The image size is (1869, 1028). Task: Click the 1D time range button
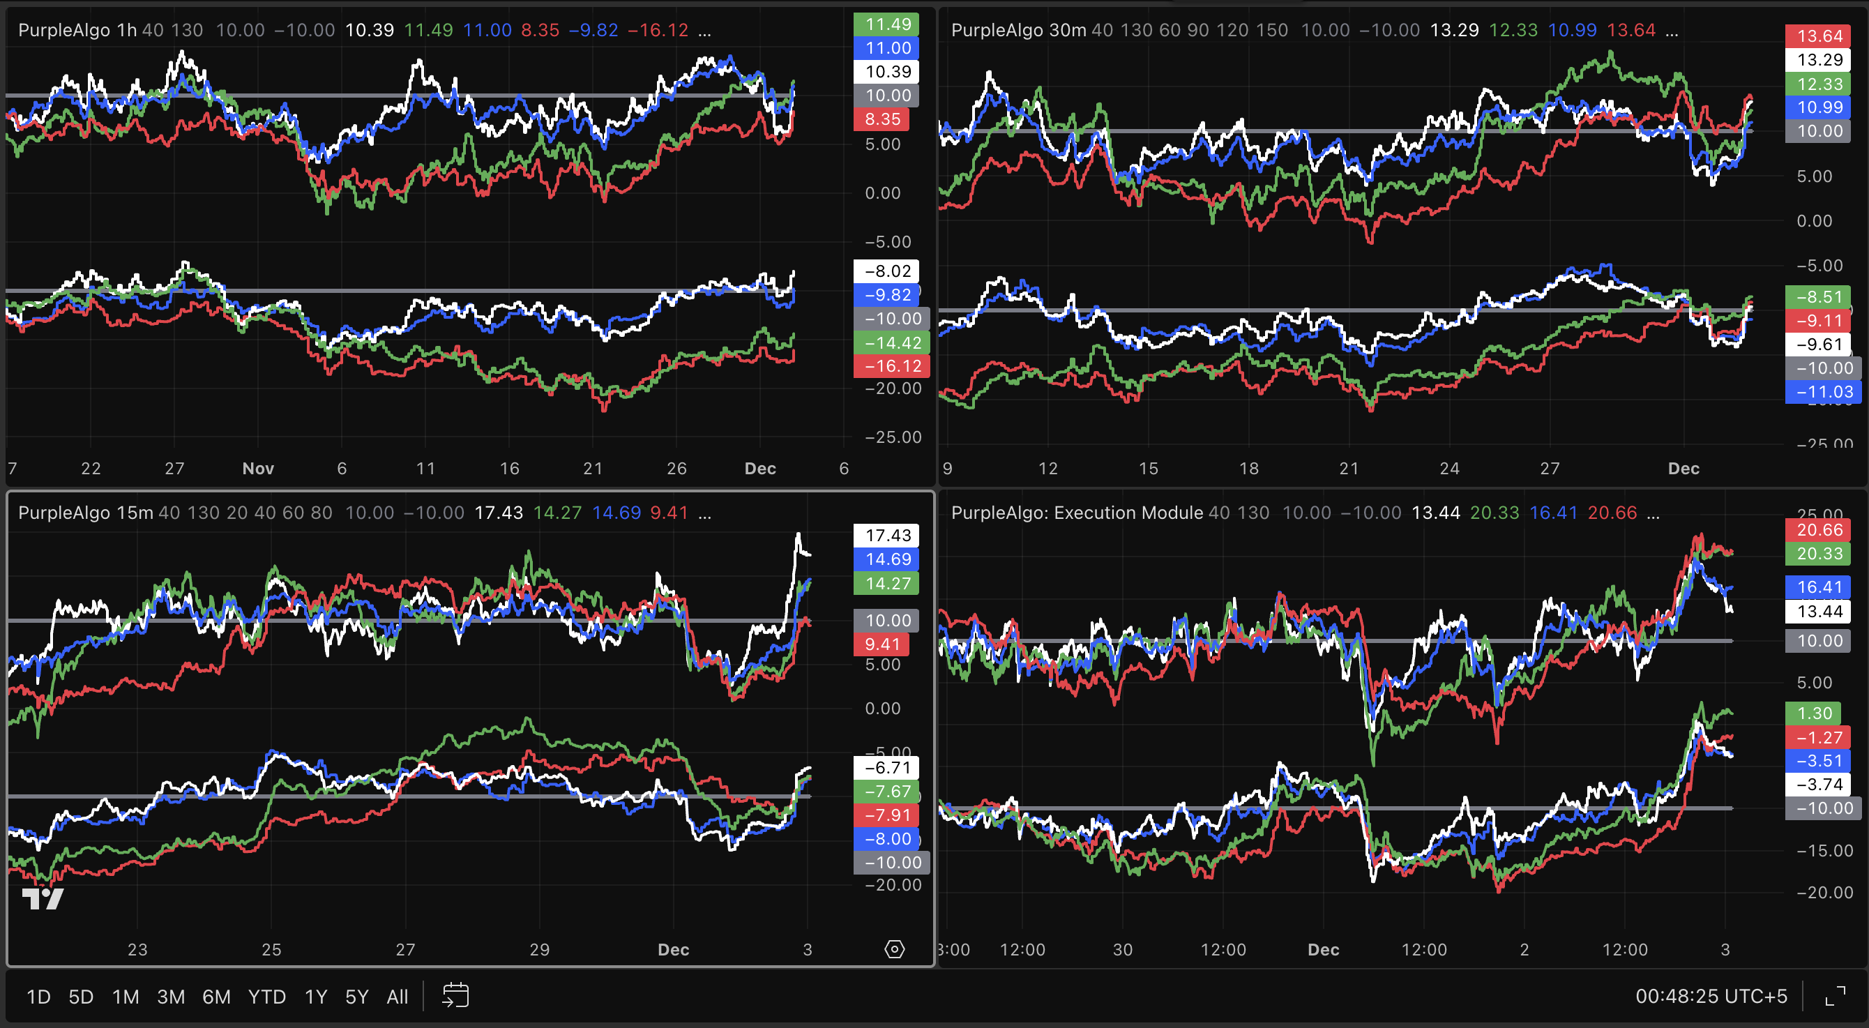point(38,997)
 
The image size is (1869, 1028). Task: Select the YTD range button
point(267,997)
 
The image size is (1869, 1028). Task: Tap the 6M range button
point(216,997)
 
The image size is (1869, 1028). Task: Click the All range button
point(397,997)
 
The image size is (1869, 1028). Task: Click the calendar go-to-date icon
point(455,995)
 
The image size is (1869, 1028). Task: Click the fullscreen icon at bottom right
point(1835,996)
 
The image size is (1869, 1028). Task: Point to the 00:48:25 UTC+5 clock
point(1711,997)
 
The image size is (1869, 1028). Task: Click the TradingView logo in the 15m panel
point(43,899)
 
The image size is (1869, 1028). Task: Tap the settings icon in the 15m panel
point(895,949)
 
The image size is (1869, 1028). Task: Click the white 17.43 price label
point(886,536)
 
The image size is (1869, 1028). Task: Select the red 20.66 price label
point(1819,529)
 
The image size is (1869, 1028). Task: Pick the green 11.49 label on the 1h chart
point(886,24)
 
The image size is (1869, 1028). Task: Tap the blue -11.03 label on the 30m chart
point(1821,393)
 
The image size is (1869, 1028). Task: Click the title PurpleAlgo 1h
point(77,30)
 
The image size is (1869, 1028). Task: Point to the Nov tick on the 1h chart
point(257,469)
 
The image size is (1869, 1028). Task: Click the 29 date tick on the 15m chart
point(539,950)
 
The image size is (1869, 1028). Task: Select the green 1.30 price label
point(1814,713)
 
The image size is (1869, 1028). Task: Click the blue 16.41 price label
point(1819,587)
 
